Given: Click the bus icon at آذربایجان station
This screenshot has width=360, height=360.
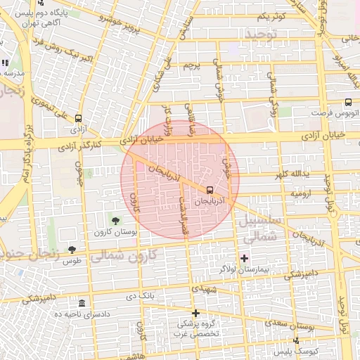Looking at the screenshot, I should point(210,190).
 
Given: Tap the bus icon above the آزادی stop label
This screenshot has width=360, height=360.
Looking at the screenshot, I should point(77,118).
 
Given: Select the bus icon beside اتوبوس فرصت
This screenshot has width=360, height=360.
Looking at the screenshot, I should point(348,103).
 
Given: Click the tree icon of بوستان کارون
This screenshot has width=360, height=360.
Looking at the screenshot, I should point(116,221).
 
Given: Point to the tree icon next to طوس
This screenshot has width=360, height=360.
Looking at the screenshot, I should point(72,250).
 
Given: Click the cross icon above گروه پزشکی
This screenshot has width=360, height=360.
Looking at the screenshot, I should point(195,313).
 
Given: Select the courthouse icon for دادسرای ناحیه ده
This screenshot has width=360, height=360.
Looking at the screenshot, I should point(82,303).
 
